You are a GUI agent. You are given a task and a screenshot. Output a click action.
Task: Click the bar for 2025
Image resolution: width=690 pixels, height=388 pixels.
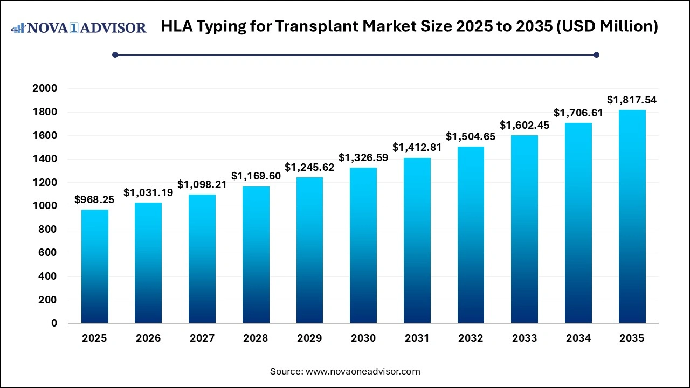pos(94,267)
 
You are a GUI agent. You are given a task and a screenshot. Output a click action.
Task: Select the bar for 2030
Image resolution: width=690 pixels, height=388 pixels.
pos(363,245)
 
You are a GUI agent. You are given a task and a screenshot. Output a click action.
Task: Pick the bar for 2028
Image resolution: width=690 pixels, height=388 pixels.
pos(256,255)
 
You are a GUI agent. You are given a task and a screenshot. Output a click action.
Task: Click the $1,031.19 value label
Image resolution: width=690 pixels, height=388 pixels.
pos(148,192)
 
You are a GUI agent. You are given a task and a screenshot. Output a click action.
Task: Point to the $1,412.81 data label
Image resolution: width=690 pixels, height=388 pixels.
pos(417,147)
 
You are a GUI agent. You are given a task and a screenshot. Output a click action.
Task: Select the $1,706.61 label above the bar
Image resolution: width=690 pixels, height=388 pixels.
pos(578,113)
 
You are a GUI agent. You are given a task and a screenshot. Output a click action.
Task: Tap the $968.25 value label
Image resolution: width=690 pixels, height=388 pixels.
pos(94,200)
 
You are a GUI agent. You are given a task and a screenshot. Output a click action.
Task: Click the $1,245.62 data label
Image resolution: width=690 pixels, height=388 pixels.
pos(309,167)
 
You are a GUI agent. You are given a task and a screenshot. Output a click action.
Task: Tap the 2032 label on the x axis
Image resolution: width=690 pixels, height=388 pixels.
pos(471,338)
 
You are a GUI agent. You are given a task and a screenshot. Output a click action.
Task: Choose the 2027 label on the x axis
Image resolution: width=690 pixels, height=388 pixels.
pos(202,338)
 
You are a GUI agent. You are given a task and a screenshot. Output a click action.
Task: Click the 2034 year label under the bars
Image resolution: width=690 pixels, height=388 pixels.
pos(578,338)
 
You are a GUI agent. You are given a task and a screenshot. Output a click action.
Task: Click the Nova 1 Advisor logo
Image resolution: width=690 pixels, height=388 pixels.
pos(79,27)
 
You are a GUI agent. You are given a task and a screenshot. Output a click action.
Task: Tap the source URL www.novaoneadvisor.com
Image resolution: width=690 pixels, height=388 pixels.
pos(363,371)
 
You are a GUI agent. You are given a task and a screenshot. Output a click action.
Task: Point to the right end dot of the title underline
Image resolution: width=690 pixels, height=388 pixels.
pos(596,54)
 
